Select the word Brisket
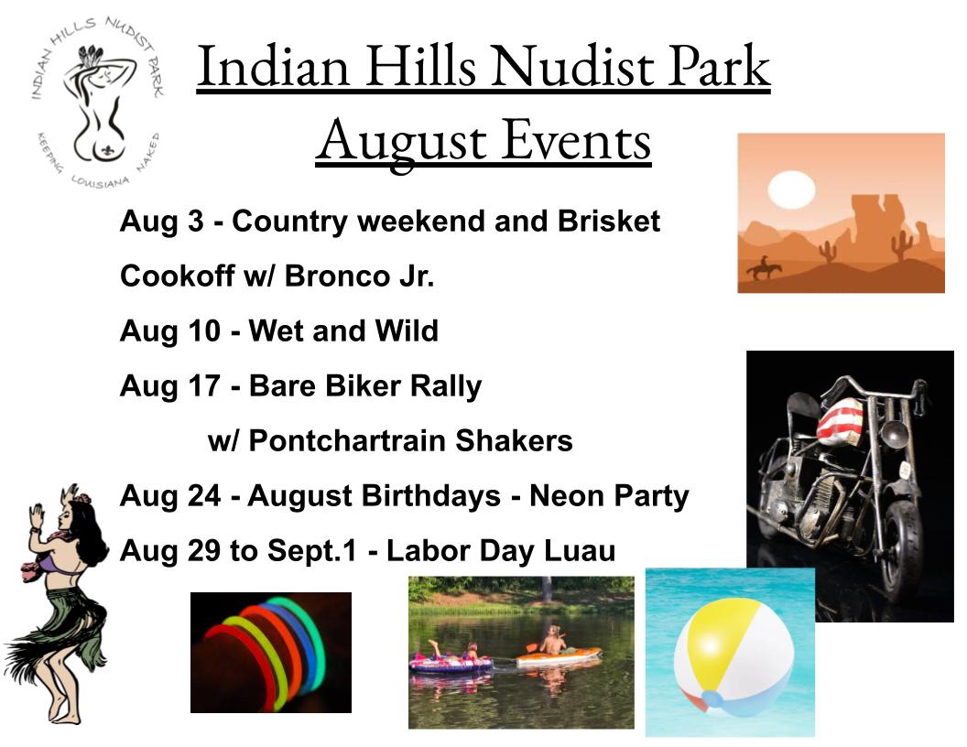pyautogui.click(x=609, y=221)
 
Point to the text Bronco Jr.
pyautogui.click(x=359, y=276)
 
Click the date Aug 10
pyautogui.click(x=170, y=331)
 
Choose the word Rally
pyautogui.click(x=445, y=386)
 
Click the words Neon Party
pyautogui.click(x=609, y=496)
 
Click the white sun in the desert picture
pyautogui.click(x=790, y=189)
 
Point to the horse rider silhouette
pyautogui.click(x=764, y=267)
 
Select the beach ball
pyautogui.click(x=733, y=657)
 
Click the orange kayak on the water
pyautogui.click(x=558, y=657)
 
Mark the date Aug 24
pyautogui.click(x=170, y=496)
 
